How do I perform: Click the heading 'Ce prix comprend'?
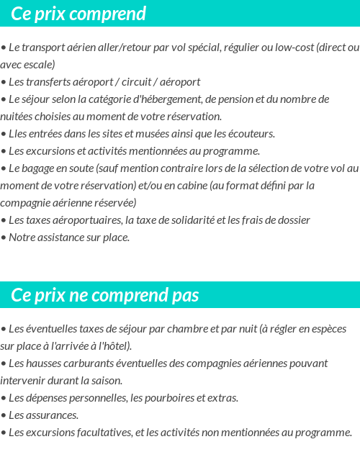point(79,14)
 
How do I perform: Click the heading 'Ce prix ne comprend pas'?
point(105,296)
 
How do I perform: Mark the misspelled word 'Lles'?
point(19,134)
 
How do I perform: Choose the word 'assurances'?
point(52,415)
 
